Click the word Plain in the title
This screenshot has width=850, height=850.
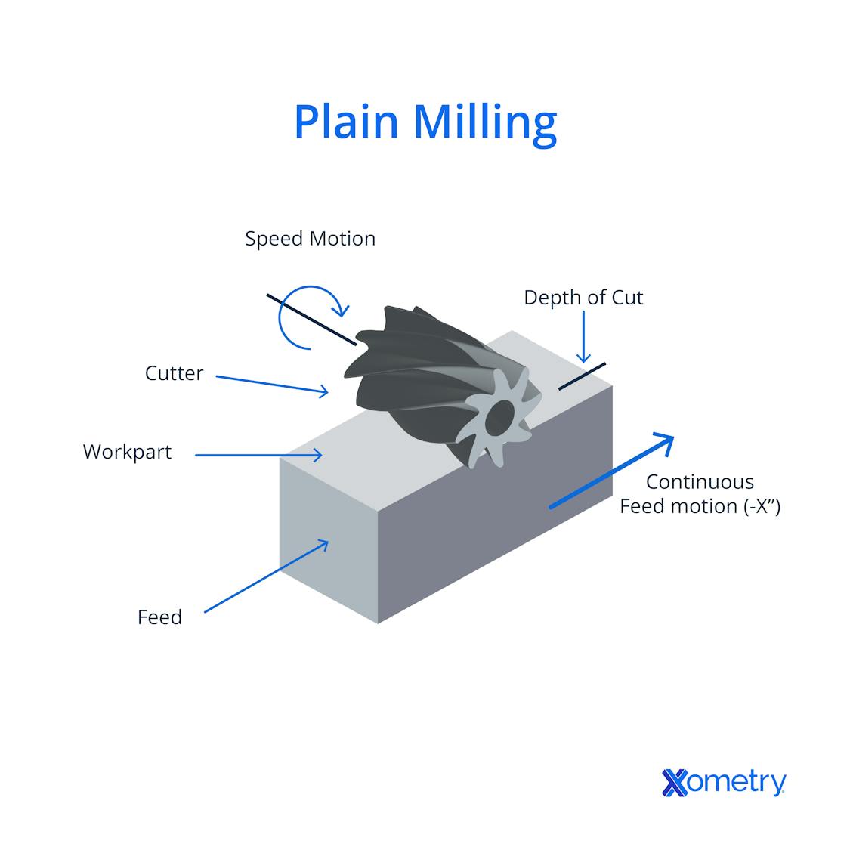pyautogui.click(x=346, y=121)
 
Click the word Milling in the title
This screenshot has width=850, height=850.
pyautogui.click(x=486, y=122)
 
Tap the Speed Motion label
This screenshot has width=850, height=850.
pyautogui.click(x=310, y=239)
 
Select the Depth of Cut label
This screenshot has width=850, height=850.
pyautogui.click(x=583, y=298)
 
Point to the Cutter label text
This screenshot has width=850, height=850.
pyautogui.click(x=174, y=373)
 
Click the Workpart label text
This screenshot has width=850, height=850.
pyautogui.click(x=127, y=452)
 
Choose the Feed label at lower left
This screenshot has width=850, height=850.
pyautogui.click(x=159, y=617)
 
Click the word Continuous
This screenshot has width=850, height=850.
pyautogui.click(x=700, y=482)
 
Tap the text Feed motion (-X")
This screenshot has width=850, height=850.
pyautogui.click(x=700, y=506)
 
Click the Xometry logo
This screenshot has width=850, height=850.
pyautogui.click(x=723, y=783)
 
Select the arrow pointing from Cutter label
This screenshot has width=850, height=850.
pyautogui.click(x=272, y=384)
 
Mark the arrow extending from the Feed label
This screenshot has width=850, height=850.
pyautogui.click(x=266, y=576)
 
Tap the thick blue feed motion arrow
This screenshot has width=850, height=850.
pyautogui.click(x=610, y=471)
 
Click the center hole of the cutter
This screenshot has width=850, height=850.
pyautogui.click(x=499, y=416)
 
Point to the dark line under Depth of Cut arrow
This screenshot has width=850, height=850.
pyautogui.click(x=582, y=376)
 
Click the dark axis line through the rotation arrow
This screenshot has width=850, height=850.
pyautogui.click(x=311, y=320)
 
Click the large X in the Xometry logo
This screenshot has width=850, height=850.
pyautogui.click(x=675, y=783)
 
